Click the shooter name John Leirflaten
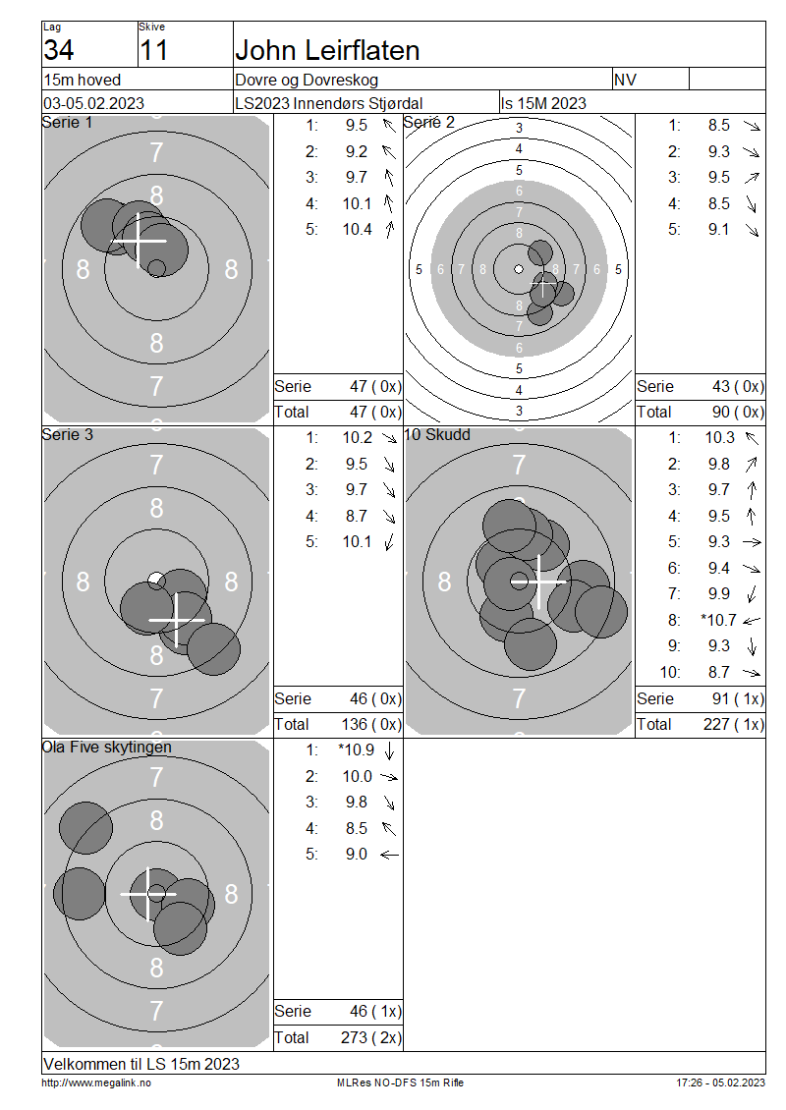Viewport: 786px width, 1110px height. coord(327,50)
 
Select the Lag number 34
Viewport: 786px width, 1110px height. coord(59,50)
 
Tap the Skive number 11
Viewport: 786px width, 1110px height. coord(153,50)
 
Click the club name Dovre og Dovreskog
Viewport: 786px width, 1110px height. coord(307,80)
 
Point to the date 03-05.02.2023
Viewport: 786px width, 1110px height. coord(94,103)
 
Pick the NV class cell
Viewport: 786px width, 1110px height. coord(625,80)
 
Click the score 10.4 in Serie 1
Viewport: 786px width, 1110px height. coord(358,229)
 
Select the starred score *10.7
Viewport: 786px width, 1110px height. coord(718,620)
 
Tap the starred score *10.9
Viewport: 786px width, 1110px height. coord(357,749)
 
